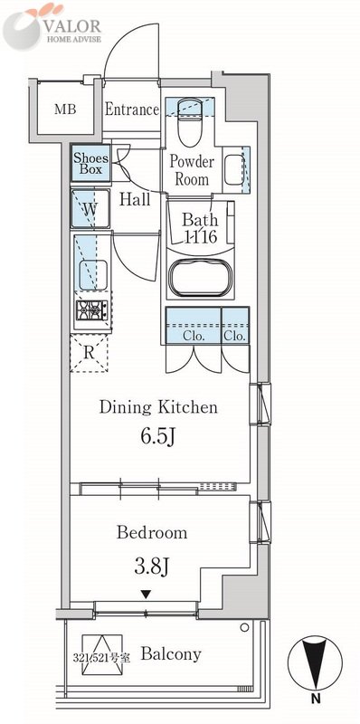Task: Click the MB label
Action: pyautogui.click(x=65, y=110)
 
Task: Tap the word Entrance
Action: pyautogui.click(x=132, y=110)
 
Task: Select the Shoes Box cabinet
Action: pyautogui.click(x=91, y=163)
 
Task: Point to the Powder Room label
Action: pyautogui.click(x=192, y=170)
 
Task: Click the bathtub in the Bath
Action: pyautogui.click(x=199, y=278)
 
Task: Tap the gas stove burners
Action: pyautogui.click(x=92, y=310)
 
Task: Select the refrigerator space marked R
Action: pyautogui.click(x=89, y=353)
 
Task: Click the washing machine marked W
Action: pyautogui.click(x=90, y=208)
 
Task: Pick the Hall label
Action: pyautogui.click(x=135, y=199)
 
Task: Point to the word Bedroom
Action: pyautogui.click(x=152, y=532)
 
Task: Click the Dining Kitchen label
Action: pyautogui.click(x=158, y=407)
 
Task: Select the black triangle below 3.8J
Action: pyautogui.click(x=146, y=595)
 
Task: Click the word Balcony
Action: pyautogui.click(x=171, y=654)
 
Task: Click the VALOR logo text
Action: pyautogui.click(x=72, y=25)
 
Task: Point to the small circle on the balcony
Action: pyautogui.click(x=244, y=627)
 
